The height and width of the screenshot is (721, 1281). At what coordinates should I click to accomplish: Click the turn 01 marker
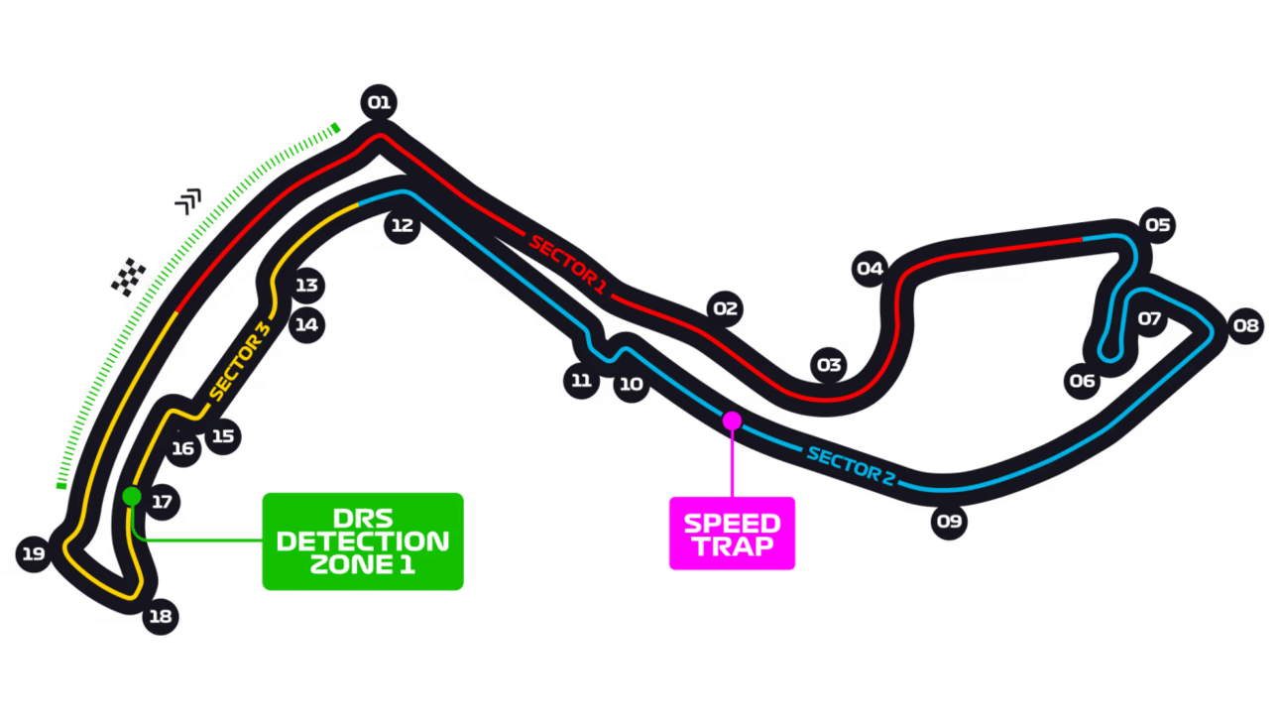pyautogui.click(x=379, y=102)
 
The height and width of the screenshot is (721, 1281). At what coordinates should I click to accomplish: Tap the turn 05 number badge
pyautogui.click(x=1157, y=225)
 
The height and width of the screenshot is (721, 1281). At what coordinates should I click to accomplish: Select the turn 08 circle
pyautogui.click(x=1246, y=325)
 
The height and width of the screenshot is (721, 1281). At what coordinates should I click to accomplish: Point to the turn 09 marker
pyautogui.click(x=949, y=522)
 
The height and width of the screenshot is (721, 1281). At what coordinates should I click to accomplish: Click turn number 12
pyautogui.click(x=402, y=225)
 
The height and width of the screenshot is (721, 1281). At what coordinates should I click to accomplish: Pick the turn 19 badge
pyautogui.click(x=34, y=553)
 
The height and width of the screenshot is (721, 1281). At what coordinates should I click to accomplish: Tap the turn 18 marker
pyautogui.click(x=161, y=616)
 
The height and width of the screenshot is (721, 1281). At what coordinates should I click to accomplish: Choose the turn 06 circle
pyautogui.click(x=1082, y=381)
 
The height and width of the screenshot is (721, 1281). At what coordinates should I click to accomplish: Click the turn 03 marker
pyautogui.click(x=829, y=365)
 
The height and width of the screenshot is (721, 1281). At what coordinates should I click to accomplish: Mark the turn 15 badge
pyautogui.click(x=223, y=436)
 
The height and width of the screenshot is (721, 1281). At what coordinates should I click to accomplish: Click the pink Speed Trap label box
pyautogui.click(x=732, y=534)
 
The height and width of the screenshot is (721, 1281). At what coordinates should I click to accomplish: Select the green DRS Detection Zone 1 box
pyautogui.click(x=363, y=541)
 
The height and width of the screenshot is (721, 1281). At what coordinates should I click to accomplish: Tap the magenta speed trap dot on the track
pyautogui.click(x=732, y=421)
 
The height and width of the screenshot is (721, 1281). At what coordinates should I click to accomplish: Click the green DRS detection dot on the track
pyautogui.click(x=132, y=496)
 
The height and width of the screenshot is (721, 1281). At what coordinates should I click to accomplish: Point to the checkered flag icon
pyautogui.click(x=129, y=277)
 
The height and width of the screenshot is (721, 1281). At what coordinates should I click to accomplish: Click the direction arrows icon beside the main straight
pyautogui.click(x=188, y=201)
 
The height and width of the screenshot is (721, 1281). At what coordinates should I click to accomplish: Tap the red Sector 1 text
pyautogui.click(x=567, y=265)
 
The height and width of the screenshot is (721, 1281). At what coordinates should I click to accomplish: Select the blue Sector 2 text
pyautogui.click(x=851, y=466)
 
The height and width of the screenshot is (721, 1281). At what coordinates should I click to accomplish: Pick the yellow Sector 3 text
pyautogui.click(x=240, y=361)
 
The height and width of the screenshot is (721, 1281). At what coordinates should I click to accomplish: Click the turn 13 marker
pyautogui.click(x=306, y=286)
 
